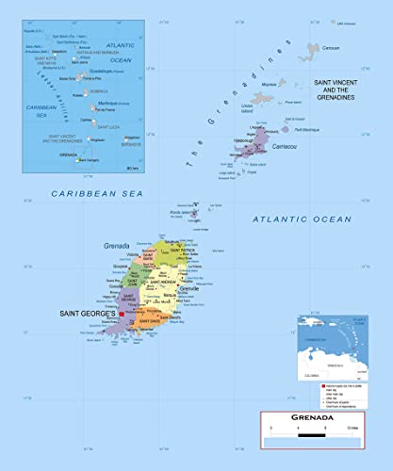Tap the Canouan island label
pyautogui.click(x=329, y=46)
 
